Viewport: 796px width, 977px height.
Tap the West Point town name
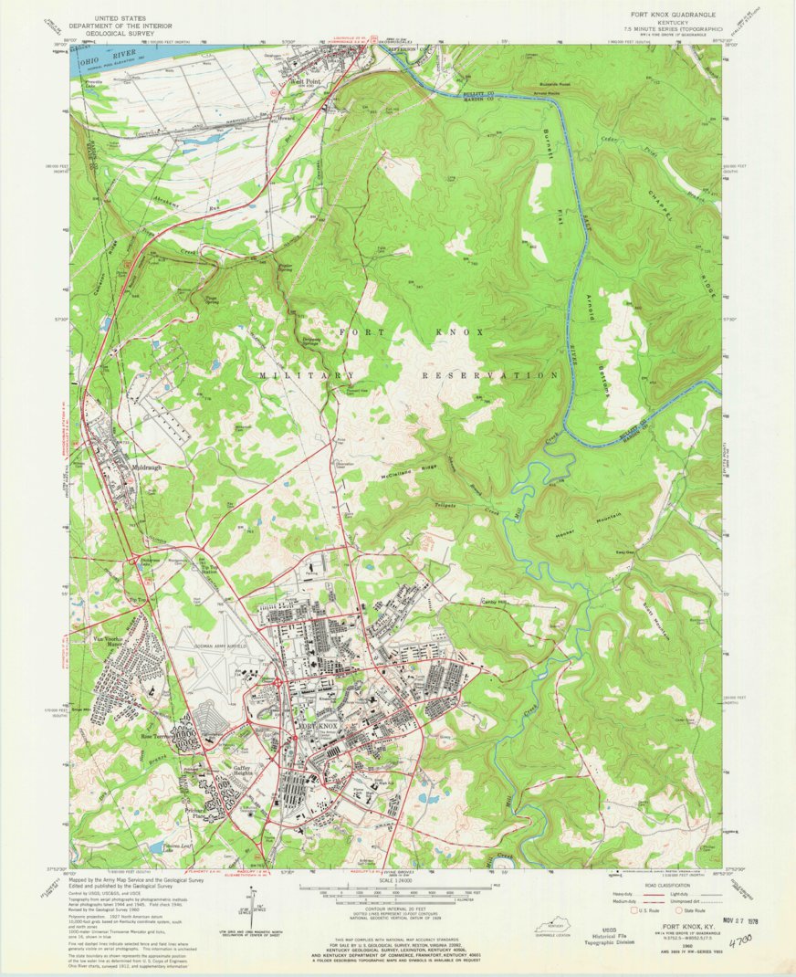pyautogui.click(x=305, y=81)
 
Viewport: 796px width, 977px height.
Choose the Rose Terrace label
pyautogui.click(x=157, y=736)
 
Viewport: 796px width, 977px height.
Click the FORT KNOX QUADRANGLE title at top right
pyautogui.click(x=673, y=16)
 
